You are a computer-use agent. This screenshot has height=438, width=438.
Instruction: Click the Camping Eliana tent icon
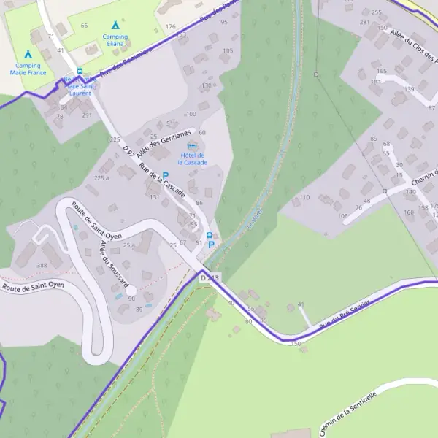pyautogui.click(x=115, y=25)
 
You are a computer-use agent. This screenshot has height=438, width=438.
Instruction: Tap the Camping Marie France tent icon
pyautogui.click(x=28, y=54)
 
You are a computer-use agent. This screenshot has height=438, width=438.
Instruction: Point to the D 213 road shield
pyautogui.click(x=210, y=277)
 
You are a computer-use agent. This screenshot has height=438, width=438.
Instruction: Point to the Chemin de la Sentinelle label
pyautogui.click(x=348, y=412)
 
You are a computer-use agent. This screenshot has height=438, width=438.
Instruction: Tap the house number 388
pyautogui.click(x=42, y=265)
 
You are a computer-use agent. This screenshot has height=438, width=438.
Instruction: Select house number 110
pyautogui.click(x=304, y=197)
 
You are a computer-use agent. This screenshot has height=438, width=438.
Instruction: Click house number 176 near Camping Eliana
pyautogui.click(x=170, y=26)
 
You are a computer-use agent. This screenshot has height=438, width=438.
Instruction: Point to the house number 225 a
pyautogui.click(x=101, y=177)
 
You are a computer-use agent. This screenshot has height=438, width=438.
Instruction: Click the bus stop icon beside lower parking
pyautogui.click(x=210, y=235)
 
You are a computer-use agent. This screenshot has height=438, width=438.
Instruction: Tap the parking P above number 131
pyautogui.click(x=165, y=175)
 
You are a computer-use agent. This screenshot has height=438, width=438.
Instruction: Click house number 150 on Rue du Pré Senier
pyautogui.click(x=296, y=342)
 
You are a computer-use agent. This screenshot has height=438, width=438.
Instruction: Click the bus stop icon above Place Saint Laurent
pyautogui.click(x=80, y=72)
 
